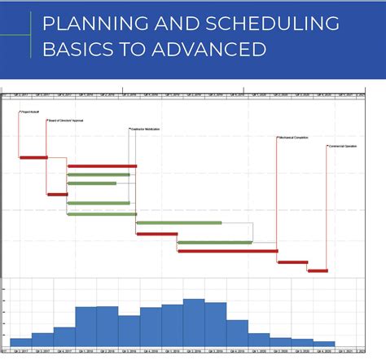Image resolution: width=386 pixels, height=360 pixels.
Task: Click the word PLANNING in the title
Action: point(89,24)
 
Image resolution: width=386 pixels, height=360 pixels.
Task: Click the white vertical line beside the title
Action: point(33,37)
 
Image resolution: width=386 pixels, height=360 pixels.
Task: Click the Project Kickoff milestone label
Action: point(30,113)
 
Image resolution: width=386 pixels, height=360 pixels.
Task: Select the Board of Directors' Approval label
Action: point(67,121)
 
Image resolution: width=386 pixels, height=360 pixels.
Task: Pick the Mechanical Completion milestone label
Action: point(295,138)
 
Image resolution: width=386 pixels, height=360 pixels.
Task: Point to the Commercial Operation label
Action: point(343,146)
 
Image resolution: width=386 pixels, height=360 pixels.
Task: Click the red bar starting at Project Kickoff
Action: point(33,156)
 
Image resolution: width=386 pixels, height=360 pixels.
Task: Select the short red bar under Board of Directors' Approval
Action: point(57,194)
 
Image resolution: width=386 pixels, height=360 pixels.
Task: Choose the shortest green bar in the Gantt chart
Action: point(91,183)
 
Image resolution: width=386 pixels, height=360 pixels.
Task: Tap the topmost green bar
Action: point(98,174)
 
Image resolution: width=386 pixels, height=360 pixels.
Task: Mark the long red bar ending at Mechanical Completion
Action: point(226,251)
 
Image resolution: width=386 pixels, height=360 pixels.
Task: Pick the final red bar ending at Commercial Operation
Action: point(318,270)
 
